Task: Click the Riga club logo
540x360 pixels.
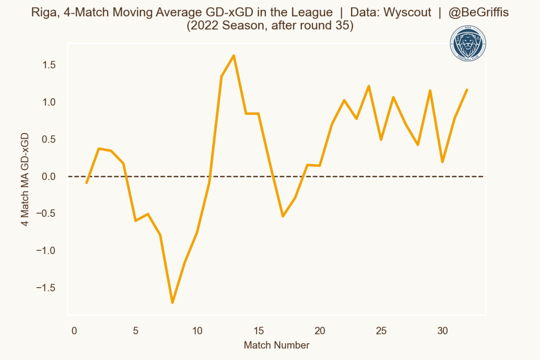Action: (x=467, y=45)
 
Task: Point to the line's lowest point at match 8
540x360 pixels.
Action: (x=172, y=302)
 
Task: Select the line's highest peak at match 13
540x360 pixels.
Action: (x=234, y=55)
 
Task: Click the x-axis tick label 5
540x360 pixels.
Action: (x=136, y=331)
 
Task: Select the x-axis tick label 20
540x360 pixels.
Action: (x=320, y=331)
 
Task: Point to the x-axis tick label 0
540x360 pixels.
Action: (x=74, y=331)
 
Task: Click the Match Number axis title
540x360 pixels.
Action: (x=277, y=346)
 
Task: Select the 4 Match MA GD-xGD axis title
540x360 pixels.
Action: (x=25, y=179)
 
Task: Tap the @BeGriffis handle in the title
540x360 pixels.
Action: (x=478, y=12)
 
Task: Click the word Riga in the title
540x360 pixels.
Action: (x=43, y=12)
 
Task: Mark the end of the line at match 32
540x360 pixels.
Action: (x=467, y=90)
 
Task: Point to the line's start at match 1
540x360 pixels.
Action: (x=87, y=183)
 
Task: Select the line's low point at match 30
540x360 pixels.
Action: (x=442, y=162)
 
